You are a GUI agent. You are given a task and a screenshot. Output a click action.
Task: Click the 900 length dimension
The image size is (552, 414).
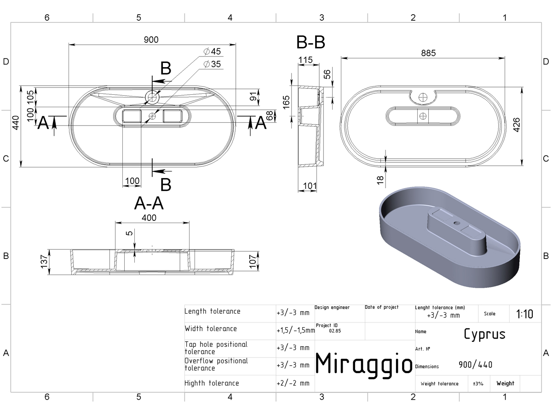click(x=151, y=40)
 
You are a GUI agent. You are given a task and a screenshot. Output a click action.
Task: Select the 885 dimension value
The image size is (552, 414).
click(x=428, y=53)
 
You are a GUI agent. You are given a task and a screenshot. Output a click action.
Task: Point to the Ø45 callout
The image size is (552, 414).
click(x=212, y=52)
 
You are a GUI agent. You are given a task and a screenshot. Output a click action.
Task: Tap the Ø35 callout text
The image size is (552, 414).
click(x=212, y=64)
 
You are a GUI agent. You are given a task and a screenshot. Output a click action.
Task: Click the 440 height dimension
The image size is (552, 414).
click(x=16, y=123)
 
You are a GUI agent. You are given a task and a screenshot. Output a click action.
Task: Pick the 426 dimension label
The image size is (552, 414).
click(x=516, y=125)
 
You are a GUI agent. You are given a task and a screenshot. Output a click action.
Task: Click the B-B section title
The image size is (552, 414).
click(x=311, y=42)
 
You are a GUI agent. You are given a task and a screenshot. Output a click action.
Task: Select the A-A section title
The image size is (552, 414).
click(x=149, y=203)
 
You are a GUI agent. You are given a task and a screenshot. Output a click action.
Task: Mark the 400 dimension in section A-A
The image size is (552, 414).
click(x=149, y=218)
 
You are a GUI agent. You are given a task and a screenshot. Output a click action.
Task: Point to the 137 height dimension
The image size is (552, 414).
click(x=44, y=261)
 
